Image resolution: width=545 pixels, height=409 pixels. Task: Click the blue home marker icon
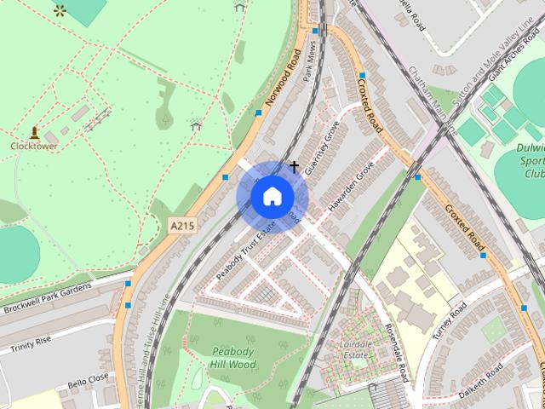point(272,196)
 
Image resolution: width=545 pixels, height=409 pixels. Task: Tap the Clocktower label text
point(33,146)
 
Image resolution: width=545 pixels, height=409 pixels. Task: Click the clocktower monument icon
point(34,132)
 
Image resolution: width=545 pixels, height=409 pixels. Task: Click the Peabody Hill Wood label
point(232,358)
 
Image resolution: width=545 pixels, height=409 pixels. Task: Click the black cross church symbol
point(295,166)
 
